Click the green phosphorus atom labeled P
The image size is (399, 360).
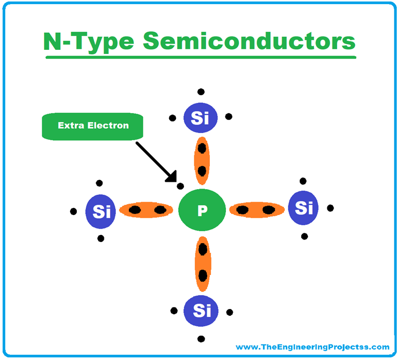[x=202, y=210]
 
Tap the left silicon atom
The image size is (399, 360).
[x=100, y=211]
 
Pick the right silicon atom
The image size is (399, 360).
[x=303, y=208]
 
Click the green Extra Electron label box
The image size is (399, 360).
[x=92, y=126]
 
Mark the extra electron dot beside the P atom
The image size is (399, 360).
[x=180, y=185]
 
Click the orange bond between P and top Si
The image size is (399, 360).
[x=202, y=158]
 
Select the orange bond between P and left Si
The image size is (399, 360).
[x=146, y=210]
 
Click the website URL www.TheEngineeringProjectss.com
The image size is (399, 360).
[x=312, y=347]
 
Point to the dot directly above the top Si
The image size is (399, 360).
[x=201, y=92]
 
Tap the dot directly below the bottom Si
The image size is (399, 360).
[x=201, y=339]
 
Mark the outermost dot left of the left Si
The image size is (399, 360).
[x=73, y=211]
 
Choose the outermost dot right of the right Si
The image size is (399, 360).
[x=330, y=208]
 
